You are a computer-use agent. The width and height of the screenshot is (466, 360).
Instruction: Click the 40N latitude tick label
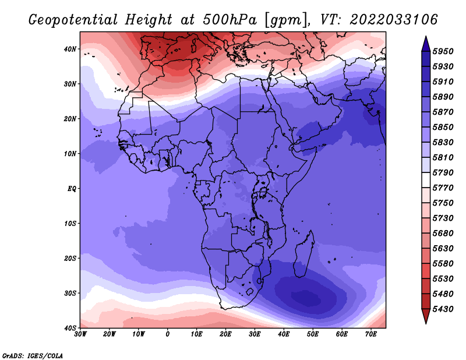70,49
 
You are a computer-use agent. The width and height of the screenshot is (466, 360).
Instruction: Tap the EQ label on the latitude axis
72,189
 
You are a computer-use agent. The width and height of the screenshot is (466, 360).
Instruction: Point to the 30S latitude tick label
70,294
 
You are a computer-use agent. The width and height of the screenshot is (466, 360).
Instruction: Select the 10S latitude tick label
70,224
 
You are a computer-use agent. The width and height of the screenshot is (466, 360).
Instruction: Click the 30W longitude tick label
80,334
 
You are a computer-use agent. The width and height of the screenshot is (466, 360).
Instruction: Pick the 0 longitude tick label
168,334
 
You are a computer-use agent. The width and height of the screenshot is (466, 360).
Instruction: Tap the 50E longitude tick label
313,334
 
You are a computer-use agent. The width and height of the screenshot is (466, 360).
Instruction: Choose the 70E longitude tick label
371,334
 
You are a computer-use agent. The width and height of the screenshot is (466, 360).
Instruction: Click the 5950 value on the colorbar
443,51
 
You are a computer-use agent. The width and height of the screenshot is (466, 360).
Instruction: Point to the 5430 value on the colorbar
443,309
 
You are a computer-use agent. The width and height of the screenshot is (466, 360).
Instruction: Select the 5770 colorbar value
443,188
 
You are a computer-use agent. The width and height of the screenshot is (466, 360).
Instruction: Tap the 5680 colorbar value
443,234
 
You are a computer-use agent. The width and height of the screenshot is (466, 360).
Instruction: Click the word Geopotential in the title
73,20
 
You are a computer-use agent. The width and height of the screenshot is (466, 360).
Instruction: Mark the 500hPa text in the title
230,20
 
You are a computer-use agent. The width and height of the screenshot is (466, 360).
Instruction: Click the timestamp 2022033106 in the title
394,20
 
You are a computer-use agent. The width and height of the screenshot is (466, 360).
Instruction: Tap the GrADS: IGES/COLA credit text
33,356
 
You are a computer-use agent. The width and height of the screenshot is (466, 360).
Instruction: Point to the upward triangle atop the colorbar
426,44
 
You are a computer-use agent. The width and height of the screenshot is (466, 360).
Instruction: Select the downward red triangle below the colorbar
426,316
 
